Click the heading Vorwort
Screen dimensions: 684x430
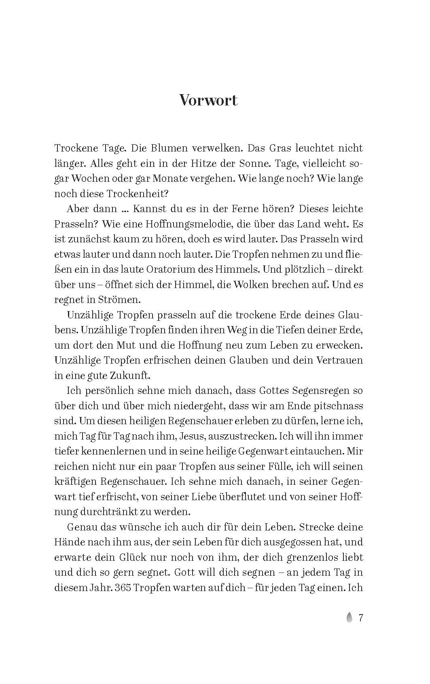pos(208,100)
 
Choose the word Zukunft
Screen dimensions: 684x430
pos(130,375)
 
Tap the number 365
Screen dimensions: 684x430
pos(123,588)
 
